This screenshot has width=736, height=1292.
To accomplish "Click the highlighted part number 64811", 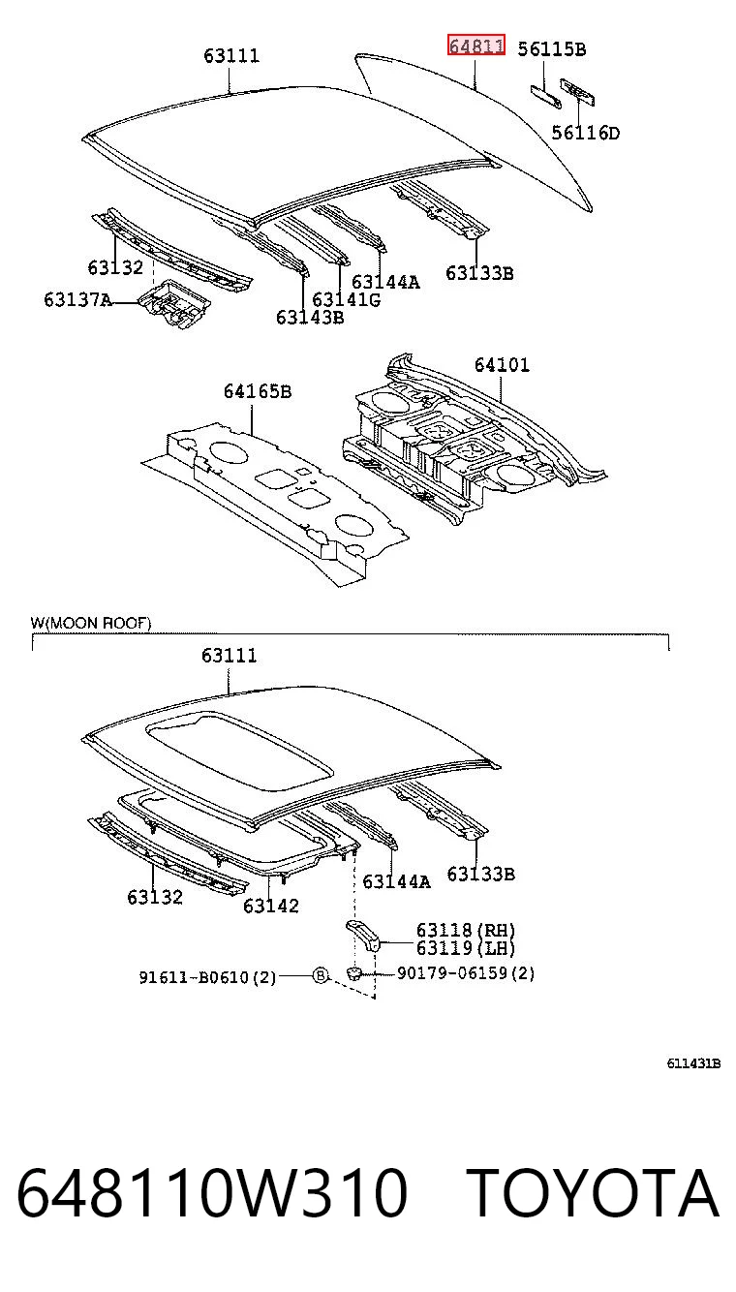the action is [x=475, y=45].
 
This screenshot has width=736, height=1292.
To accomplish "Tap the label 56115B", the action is [x=551, y=49].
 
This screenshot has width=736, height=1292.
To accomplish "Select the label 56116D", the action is [x=586, y=133].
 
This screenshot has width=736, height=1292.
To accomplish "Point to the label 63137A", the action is [x=77, y=300].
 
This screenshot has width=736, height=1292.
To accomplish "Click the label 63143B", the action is [x=310, y=318].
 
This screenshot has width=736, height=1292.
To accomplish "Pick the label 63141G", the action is [x=346, y=300].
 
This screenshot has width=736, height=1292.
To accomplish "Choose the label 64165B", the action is [x=258, y=391].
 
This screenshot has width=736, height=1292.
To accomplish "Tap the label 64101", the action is [x=502, y=364].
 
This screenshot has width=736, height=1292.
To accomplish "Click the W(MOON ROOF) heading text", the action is [x=91, y=623].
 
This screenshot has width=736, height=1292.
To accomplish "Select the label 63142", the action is [x=270, y=906].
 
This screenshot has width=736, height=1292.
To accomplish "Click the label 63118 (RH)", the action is [x=466, y=930].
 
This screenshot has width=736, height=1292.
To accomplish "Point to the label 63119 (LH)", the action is [x=466, y=947].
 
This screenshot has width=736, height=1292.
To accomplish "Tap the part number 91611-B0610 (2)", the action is [x=207, y=977].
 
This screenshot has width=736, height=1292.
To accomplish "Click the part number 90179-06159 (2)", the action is [x=466, y=973].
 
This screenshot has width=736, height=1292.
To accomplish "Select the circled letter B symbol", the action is [x=321, y=975].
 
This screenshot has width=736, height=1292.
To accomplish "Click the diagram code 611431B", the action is [x=693, y=1063].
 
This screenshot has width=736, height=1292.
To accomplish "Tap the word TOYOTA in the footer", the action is [x=592, y=1192].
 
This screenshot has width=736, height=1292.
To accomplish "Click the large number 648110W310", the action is [x=212, y=1192].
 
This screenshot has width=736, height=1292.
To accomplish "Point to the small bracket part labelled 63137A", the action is [x=173, y=303].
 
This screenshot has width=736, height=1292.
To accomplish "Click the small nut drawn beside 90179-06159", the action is [x=353, y=973].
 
